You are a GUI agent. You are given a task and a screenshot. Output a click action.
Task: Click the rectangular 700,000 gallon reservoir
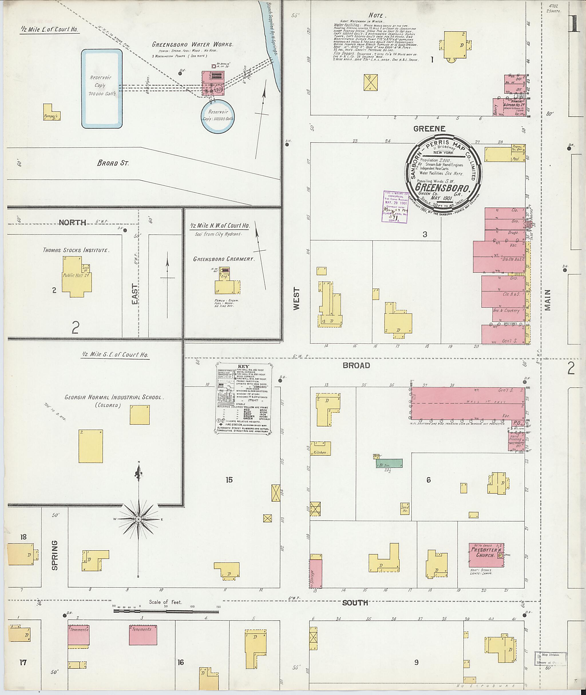coord(102,88)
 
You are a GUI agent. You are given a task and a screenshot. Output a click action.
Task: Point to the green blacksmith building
coord(389,463)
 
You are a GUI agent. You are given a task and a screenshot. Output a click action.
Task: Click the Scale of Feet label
coord(165,602)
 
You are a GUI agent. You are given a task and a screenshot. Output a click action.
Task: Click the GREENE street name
coord(429,128)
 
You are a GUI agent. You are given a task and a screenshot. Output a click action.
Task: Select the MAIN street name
coord(548,300)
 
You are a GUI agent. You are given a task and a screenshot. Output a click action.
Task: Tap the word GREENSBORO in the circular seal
coord(442,188)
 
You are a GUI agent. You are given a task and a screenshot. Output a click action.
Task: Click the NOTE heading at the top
coord(376,15)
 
